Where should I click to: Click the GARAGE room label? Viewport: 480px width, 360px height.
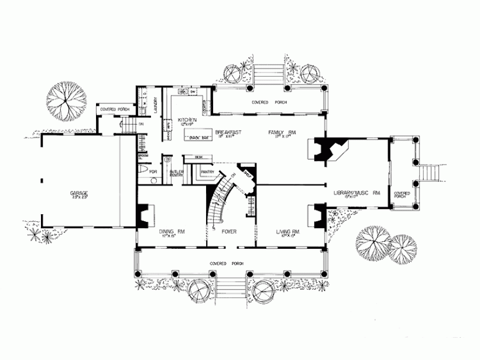pyautogui.click(x=80, y=193)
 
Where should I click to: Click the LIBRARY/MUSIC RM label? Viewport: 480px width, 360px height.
pyautogui.click(x=356, y=192)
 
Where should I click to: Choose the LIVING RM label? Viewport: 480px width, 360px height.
pyautogui.click(x=288, y=231)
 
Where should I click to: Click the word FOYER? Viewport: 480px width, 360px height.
pyautogui.click(x=229, y=232)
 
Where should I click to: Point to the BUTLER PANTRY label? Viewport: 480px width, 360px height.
pyautogui.click(x=176, y=173)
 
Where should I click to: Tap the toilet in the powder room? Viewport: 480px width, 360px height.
pyautogui.click(x=145, y=171)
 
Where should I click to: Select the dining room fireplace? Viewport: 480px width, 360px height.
pyautogui.click(x=144, y=214)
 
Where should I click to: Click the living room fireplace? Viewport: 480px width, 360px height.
pyautogui.click(x=317, y=215)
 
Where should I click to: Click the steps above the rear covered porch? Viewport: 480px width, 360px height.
pyautogui.click(x=270, y=74)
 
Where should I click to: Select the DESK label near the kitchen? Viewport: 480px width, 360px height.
pyautogui.click(x=198, y=157)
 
